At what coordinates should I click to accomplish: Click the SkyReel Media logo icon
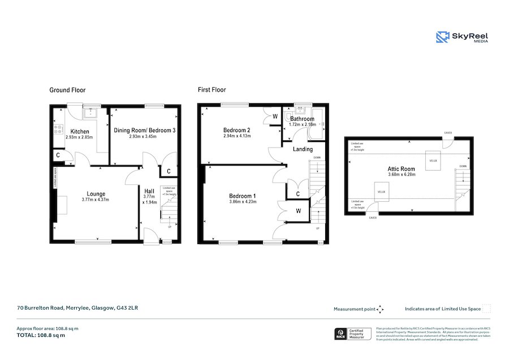coord(443,37)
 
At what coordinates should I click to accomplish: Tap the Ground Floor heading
coord(67,90)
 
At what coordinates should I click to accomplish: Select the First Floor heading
coord(212,90)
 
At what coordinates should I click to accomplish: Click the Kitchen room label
coord(79,131)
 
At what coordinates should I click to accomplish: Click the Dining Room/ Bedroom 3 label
coord(145,131)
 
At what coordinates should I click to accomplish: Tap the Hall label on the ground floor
coord(150,191)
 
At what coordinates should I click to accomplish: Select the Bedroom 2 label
coord(236,129)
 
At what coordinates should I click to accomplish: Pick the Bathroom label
coord(302,119)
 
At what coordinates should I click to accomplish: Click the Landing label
coord(303,149)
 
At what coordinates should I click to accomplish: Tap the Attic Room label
coord(402,168)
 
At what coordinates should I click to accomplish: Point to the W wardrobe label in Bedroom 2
coord(275,117)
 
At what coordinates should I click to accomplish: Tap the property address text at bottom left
coord(77,309)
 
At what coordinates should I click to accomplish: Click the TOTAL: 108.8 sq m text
coord(41,335)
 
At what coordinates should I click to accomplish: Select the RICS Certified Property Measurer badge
coord(353,333)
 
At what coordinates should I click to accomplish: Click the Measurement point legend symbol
coord(380,309)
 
